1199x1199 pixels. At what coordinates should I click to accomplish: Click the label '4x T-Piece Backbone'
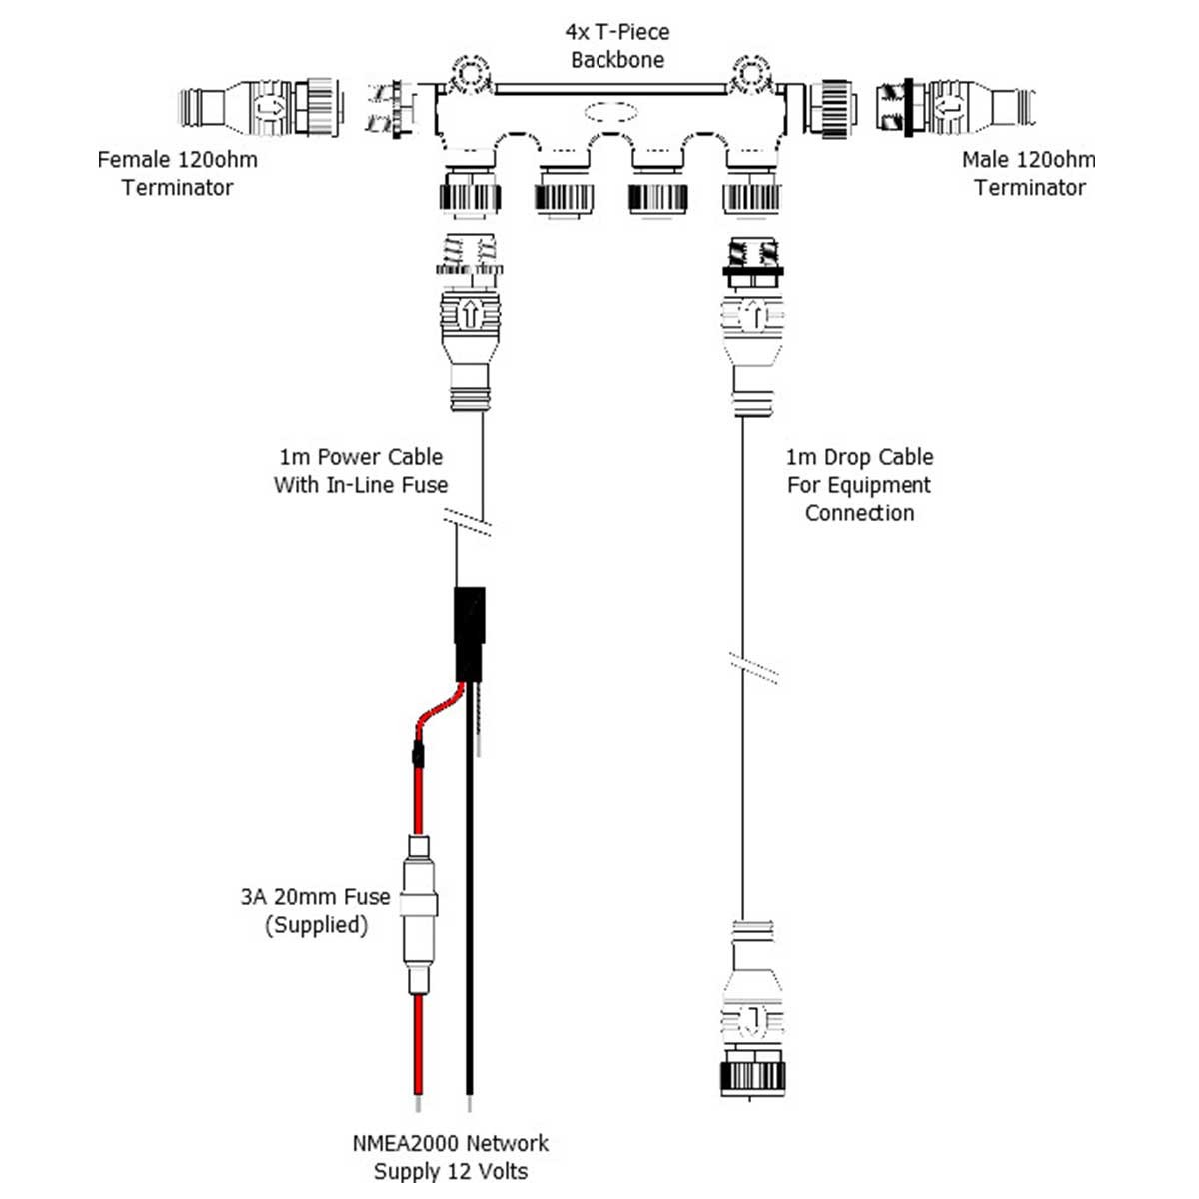coord(617,46)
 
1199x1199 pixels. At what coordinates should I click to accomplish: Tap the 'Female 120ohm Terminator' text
coord(178,173)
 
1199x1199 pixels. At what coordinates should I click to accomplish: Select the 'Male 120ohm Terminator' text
coord(1028,173)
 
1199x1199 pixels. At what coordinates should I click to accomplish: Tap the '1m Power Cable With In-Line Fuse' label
coord(361,471)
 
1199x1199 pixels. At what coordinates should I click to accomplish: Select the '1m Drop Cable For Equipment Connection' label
coord(859,485)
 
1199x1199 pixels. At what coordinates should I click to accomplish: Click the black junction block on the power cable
coord(469,633)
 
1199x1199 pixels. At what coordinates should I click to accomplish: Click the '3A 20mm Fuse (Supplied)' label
coord(316,910)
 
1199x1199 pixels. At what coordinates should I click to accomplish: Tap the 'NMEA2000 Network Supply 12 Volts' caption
coord(451,1157)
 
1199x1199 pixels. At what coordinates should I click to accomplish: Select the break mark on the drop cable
coord(754,667)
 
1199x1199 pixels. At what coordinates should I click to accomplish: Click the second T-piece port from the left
coord(566,190)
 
